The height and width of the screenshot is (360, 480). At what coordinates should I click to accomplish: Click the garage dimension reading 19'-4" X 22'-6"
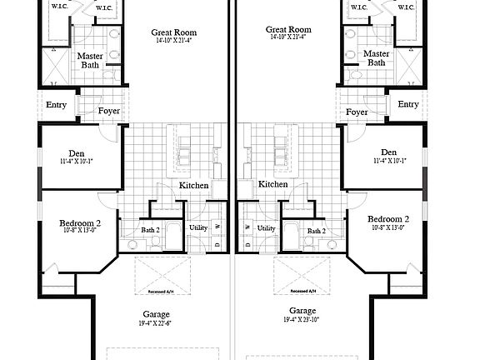click(x=156, y=323)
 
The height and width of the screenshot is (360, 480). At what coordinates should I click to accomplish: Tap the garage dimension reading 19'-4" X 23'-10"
click(x=302, y=320)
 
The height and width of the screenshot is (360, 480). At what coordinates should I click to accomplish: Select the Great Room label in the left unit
click(x=173, y=32)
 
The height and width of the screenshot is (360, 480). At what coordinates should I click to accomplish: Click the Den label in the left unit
click(x=77, y=152)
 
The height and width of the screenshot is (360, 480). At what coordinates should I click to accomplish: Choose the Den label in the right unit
click(x=389, y=152)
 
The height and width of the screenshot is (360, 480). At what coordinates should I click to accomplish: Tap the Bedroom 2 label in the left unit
click(x=80, y=223)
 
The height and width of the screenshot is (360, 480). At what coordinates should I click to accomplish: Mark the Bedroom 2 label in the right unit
click(x=389, y=219)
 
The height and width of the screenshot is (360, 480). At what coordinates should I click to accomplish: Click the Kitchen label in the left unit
click(x=193, y=185)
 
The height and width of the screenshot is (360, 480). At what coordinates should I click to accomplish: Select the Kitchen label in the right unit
click(x=272, y=184)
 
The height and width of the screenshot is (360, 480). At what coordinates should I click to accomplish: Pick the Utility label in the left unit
click(x=197, y=227)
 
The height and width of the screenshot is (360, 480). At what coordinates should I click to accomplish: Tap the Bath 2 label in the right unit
click(x=316, y=231)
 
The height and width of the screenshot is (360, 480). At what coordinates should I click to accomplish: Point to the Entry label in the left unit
click(x=57, y=104)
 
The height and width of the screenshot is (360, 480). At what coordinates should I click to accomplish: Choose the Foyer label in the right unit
click(x=357, y=112)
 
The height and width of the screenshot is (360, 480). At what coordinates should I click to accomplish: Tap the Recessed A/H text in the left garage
click(x=162, y=292)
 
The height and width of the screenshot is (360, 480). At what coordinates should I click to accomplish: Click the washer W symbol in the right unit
click(x=247, y=226)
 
